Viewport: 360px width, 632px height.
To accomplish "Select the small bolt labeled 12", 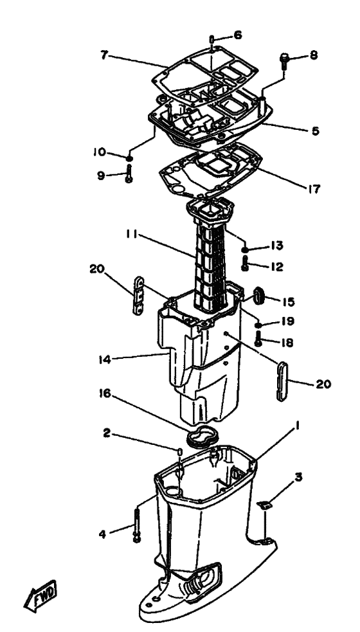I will coord(245,264).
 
